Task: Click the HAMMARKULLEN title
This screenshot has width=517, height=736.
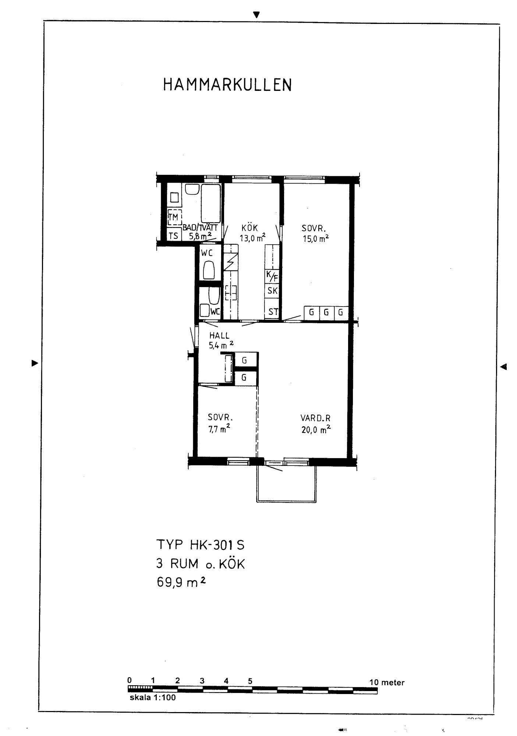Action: pos(227,85)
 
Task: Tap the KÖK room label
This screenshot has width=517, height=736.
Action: pos(250,228)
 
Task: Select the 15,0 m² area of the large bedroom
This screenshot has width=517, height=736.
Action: pos(316,238)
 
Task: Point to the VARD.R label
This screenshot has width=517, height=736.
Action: pos(315,418)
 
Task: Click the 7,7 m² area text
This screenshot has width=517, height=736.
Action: pos(219,428)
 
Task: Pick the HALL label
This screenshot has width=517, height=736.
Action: pos(219,336)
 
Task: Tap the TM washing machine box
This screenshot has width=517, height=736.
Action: pos(173,218)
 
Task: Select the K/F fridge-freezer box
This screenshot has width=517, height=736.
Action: pos(272,276)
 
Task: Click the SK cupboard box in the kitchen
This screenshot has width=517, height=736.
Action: pos(272,291)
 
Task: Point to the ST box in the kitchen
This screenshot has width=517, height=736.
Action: pos(272,312)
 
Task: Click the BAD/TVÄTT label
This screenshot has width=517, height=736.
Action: pos(200,228)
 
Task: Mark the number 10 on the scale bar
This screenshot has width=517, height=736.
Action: pos(374,682)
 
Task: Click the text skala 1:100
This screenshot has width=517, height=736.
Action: pos(153,697)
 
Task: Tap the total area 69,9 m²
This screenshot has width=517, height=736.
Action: pos(181,583)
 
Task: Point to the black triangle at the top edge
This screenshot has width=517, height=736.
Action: pos(256,15)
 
